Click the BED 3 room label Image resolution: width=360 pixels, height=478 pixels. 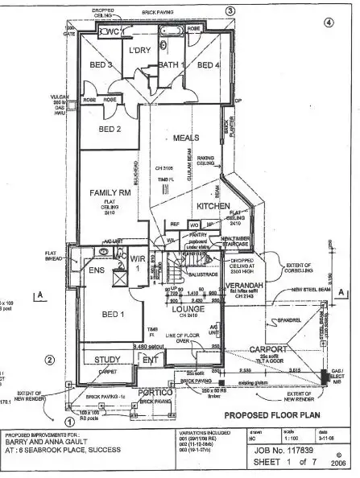[100, 64]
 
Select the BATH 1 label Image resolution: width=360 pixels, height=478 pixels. [172, 64]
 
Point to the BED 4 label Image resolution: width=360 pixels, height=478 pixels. [208, 64]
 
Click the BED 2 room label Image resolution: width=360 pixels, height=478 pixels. [110, 129]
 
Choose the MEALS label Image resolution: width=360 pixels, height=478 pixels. [186, 138]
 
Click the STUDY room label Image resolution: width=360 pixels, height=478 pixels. [107, 360]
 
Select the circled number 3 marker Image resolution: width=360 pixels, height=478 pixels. [230, 10]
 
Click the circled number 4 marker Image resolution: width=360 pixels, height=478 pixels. [328, 22]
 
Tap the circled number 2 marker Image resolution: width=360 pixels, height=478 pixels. [49, 360]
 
